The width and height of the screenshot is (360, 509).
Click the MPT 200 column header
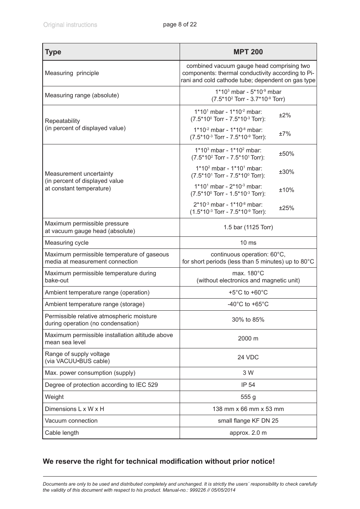248,52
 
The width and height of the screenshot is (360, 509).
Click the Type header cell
53,52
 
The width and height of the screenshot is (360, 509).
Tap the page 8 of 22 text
180,25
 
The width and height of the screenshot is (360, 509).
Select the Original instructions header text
70,25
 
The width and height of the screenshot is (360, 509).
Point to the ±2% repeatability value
285,115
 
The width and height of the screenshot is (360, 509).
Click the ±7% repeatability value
285,133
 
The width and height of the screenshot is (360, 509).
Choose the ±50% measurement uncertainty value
286,154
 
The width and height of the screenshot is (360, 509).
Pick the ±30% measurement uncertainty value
286,172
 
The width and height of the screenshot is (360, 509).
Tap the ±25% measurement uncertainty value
286,208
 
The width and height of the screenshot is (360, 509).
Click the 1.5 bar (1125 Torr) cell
248,227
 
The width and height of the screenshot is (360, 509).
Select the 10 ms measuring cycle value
248,243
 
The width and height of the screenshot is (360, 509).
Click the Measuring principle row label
72,73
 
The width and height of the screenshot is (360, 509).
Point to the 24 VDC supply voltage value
248,357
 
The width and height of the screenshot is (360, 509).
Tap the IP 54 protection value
248,385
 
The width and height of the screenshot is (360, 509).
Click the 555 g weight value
248,397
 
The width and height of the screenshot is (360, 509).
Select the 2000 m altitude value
248,339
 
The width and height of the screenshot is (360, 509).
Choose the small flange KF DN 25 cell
248,421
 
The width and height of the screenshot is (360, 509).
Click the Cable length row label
62,433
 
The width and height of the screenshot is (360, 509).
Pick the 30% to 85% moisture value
248,320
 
